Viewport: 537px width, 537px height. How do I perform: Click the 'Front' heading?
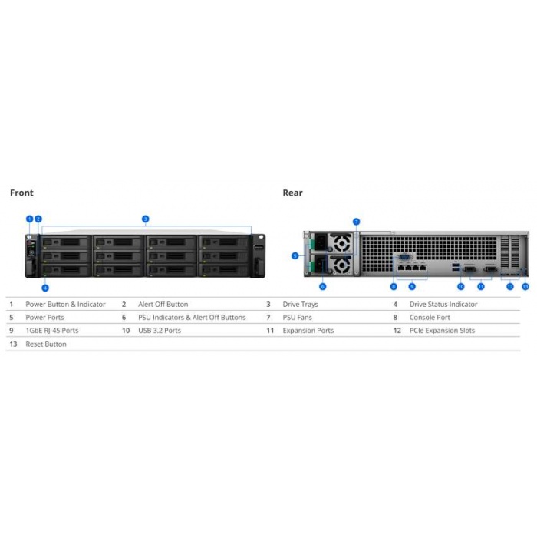pos(21,193)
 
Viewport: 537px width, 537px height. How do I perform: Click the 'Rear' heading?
pos(292,193)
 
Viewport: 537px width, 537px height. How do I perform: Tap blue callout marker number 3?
pos(145,219)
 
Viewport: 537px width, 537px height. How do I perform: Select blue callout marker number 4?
pos(45,288)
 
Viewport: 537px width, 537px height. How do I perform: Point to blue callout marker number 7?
pos(356,222)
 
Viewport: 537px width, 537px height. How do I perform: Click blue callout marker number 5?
pos(295,255)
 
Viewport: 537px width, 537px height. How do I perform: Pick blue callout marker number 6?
pos(323,287)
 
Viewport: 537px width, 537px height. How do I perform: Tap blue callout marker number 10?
pos(461,287)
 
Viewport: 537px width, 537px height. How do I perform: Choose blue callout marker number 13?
pos(525,287)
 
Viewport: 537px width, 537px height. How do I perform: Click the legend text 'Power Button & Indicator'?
pos(65,304)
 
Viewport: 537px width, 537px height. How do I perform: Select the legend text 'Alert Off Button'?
pos(163,304)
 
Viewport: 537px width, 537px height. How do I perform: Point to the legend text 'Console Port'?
pos(430,318)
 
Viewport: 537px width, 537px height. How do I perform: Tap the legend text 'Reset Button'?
pos(46,344)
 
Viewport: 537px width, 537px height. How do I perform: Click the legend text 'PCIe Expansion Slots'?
pos(442,331)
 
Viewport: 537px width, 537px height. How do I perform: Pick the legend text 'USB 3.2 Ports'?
pos(160,331)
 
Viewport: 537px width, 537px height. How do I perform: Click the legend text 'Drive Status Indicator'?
pos(443,304)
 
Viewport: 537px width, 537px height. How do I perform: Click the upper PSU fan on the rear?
pos(341,243)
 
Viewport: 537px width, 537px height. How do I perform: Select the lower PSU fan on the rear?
pos(341,265)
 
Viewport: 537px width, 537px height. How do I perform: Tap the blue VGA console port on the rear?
pos(405,257)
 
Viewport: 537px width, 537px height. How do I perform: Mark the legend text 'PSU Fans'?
pos(298,318)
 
